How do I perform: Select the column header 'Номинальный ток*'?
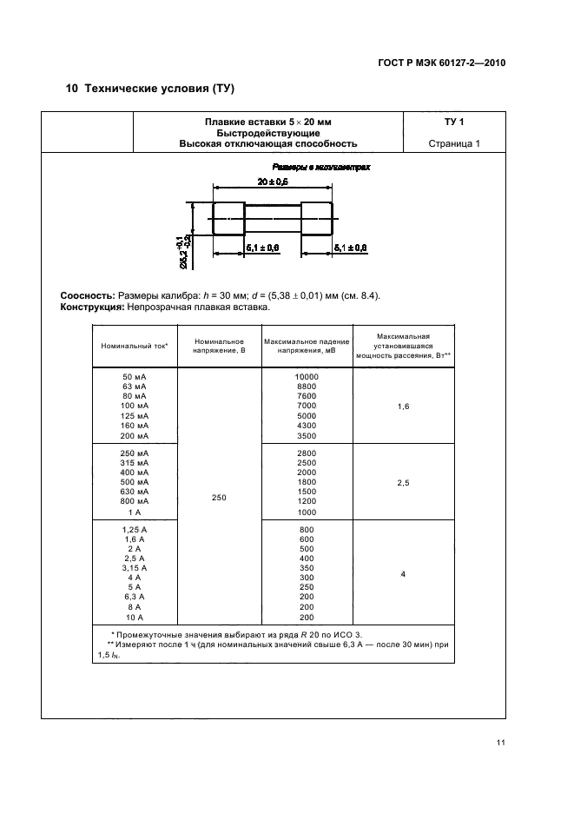[x=135, y=346]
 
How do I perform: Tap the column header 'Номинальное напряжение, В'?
[x=219, y=346]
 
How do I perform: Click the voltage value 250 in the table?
[x=219, y=498]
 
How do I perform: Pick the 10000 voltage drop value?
[x=307, y=376]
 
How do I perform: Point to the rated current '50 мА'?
[x=135, y=376]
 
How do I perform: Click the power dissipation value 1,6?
[x=403, y=406]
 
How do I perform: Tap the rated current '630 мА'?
[x=135, y=491]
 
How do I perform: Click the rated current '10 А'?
[x=135, y=617]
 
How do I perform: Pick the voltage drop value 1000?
[x=307, y=512]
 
